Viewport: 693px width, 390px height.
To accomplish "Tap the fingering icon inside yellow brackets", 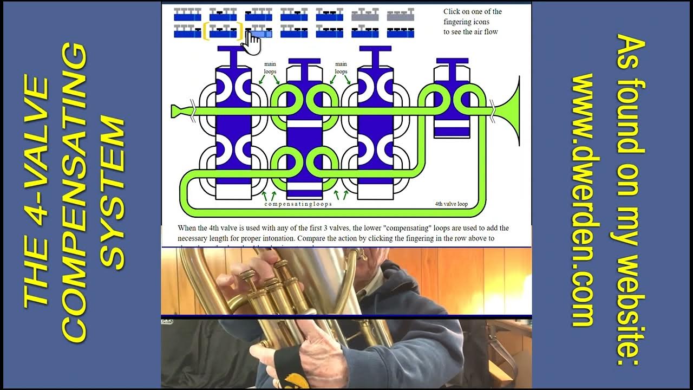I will pos(223,31).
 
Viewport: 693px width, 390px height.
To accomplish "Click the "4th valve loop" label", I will pos(451,205).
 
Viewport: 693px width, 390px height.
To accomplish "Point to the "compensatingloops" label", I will pos(298,204).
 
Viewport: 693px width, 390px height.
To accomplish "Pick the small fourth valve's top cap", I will pos(452,61).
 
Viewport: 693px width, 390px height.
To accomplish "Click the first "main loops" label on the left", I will pos(270,68).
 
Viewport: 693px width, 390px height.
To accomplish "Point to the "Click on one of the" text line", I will pos(472,11).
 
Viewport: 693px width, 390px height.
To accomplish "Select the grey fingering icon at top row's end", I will pos(400,14).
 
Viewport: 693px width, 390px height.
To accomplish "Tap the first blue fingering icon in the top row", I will pos(187,14).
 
